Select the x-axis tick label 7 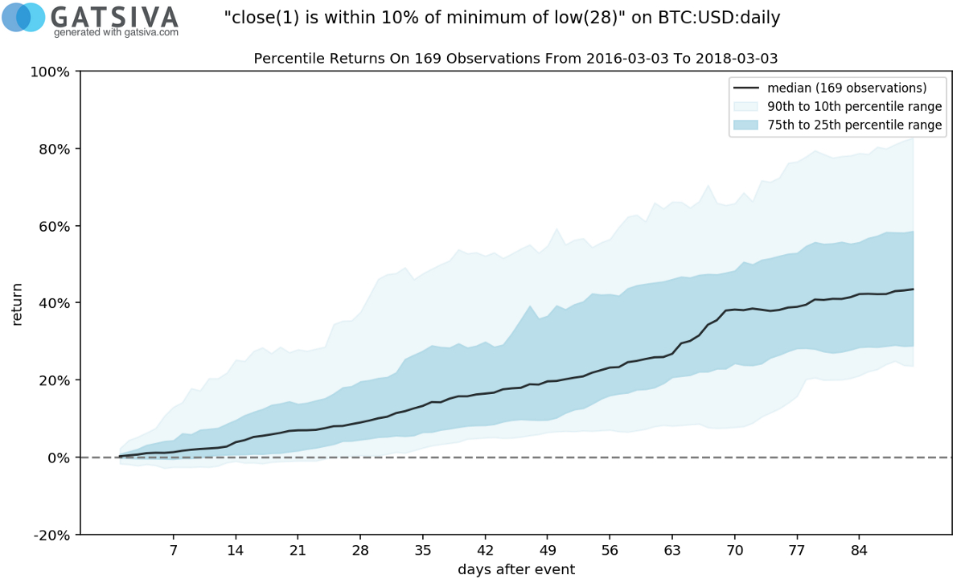pyautogui.click(x=173, y=551)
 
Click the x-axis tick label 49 pyautogui.click(x=547, y=551)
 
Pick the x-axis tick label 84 pyautogui.click(x=859, y=551)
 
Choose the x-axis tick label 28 pyautogui.click(x=359, y=551)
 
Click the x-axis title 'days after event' pyautogui.click(x=516, y=569)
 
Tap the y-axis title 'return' pyautogui.click(x=17, y=303)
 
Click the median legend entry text pyautogui.click(x=847, y=88)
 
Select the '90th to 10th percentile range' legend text pyautogui.click(x=855, y=106)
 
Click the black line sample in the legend pyautogui.click(x=745, y=88)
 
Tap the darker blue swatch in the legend pyautogui.click(x=745, y=125)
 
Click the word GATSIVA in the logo pyautogui.click(x=114, y=15)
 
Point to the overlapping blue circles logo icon pyautogui.click(x=23, y=17)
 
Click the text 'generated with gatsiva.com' pyautogui.click(x=116, y=33)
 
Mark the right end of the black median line pyautogui.click(x=914, y=289)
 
